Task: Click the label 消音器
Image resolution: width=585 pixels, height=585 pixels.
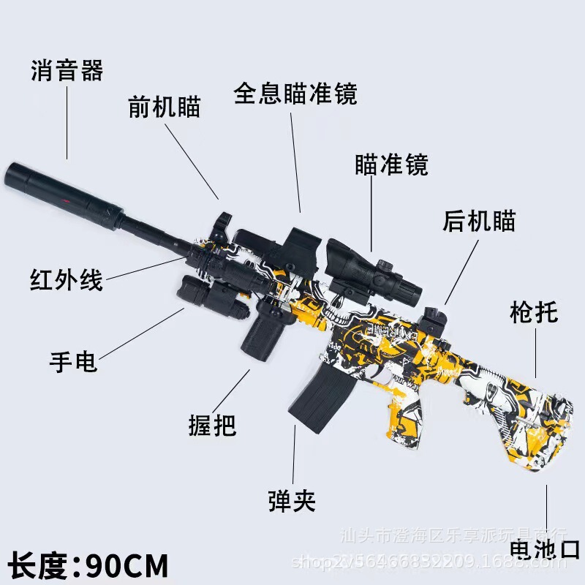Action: (x=67, y=72)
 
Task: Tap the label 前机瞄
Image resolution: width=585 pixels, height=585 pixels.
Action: (x=164, y=107)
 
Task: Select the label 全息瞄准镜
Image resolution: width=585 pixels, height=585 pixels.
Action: (x=295, y=94)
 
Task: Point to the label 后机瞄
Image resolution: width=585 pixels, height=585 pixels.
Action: (x=479, y=220)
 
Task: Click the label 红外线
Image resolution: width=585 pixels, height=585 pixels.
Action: (x=67, y=279)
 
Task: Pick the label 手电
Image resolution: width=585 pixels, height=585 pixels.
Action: (x=73, y=361)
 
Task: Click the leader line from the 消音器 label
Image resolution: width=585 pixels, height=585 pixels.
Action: (x=67, y=121)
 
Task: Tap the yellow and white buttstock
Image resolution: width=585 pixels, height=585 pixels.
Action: (x=512, y=409)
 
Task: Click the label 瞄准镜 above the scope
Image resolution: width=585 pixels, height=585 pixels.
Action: (x=390, y=165)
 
